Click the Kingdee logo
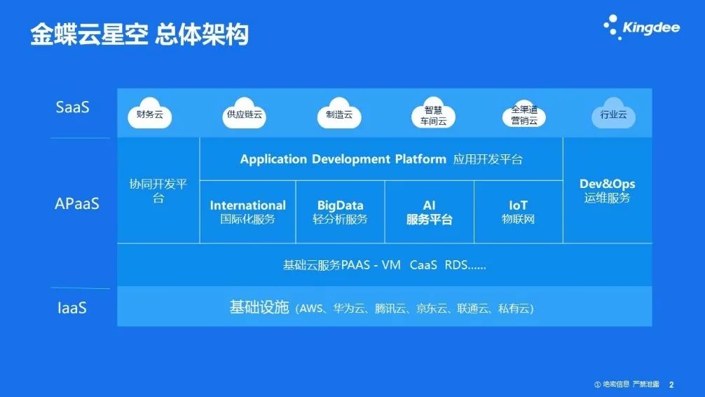click(x=642, y=27)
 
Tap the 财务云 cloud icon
click(x=150, y=113)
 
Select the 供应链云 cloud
click(x=244, y=113)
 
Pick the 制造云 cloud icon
click(x=339, y=113)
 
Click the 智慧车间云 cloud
click(x=433, y=113)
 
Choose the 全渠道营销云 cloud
click(x=523, y=114)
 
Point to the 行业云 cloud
click(x=613, y=113)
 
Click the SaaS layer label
click(x=72, y=107)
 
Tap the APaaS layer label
click(x=77, y=203)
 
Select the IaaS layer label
click(x=72, y=308)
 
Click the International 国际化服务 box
click(x=248, y=212)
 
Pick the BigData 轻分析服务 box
click(x=341, y=212)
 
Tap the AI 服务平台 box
click(x=430, y=212)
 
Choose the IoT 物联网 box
click(x=519, y=212)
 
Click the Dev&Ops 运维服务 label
click(x=608, y=190)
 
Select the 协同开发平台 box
click(x=158, y=190)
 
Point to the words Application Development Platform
click(x=343, y=159)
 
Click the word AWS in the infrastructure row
click(x=311, y=309)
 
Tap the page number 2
click(x=671, y=384)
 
